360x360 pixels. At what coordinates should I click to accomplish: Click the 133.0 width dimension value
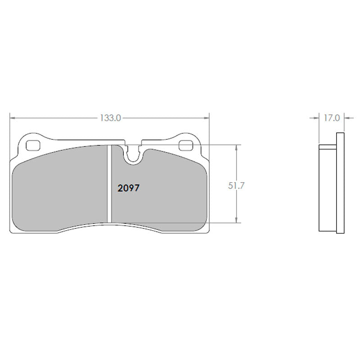tap(110, 118)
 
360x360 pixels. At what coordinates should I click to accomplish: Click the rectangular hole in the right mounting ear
tap(185, 145)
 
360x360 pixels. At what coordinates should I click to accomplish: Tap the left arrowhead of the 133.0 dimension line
tap(13, 118)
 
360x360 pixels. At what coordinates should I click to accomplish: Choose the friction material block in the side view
tap(328, 189)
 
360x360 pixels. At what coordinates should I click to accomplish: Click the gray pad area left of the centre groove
tap(58, 189)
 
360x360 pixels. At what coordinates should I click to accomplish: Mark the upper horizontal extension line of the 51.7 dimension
tap(189, 145)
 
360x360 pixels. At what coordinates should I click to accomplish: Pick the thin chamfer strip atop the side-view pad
tap(328, 146)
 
